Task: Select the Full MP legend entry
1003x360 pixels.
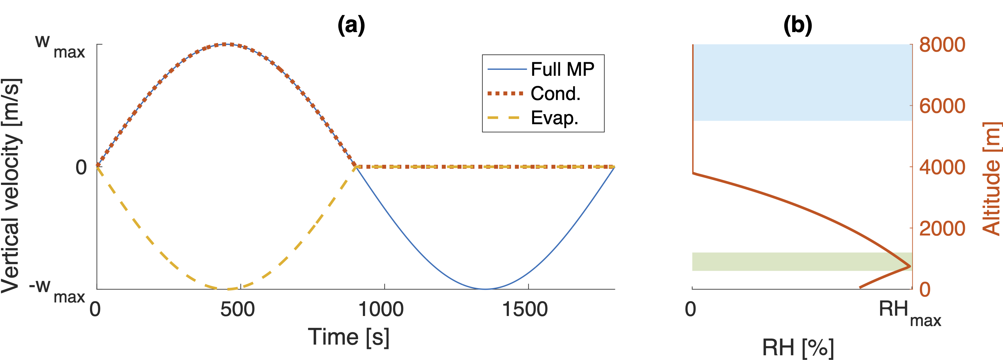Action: (x=562, y=69)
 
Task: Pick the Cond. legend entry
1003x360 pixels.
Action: (x=555, y=93)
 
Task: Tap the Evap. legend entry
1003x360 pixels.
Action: (x=555, y=118)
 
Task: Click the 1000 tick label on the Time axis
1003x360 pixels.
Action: (x=381, y=309)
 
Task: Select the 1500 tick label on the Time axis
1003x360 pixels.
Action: (x=525, y=309)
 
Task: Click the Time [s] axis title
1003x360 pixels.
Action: (x=348, y=337)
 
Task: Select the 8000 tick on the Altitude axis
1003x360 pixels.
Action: (x=942, y=45)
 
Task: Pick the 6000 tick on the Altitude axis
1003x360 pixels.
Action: (x=942, y=106)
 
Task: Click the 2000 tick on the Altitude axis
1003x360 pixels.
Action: (x=942, y=229)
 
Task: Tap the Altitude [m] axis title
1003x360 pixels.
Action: (x=991, y=179)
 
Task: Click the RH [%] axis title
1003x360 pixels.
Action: (x=798, y=347)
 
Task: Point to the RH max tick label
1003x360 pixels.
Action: (x=910, y=313)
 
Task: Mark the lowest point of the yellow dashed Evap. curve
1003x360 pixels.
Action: (x=227, y=289)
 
